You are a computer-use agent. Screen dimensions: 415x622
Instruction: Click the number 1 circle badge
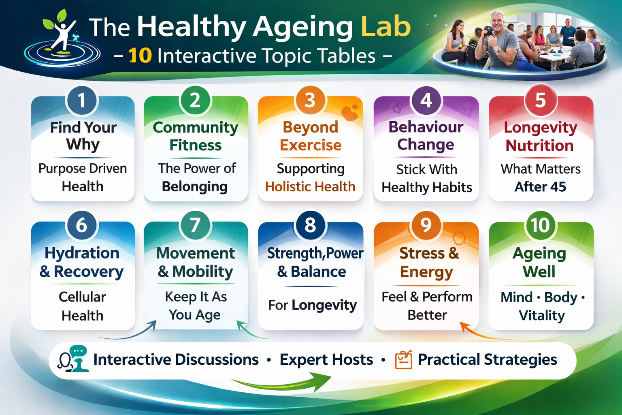(x=82, y=101)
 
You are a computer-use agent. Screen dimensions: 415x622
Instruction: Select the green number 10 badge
(x=541, y=225)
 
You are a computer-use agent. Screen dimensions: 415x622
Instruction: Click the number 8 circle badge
(x=310, y=225)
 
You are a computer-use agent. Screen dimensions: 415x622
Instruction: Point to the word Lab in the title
(x=386, y=27)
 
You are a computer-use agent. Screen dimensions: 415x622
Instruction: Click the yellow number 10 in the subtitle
(x=140, y=56)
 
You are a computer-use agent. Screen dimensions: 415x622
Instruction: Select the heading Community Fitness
(x=196, y=136)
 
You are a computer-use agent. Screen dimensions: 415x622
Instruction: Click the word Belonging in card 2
(x=195, y=187)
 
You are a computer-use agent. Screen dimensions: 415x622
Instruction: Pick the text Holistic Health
(x=310, y=186)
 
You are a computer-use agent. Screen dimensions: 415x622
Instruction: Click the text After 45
(x=540, y=187)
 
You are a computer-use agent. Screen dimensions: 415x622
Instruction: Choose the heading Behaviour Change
(x=426, y=136)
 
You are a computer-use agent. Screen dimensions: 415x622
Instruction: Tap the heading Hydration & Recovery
(x=82, y=262)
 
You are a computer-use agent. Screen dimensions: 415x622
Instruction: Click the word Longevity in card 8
(x=324, y=305)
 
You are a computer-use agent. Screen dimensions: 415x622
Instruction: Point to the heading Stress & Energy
(x=428, y=263)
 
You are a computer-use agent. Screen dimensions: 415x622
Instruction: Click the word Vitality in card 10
(x=541, y=315)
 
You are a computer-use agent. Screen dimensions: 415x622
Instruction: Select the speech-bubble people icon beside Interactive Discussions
(x=74, y=359)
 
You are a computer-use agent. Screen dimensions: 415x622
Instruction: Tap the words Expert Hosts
(x=326, y=360)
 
